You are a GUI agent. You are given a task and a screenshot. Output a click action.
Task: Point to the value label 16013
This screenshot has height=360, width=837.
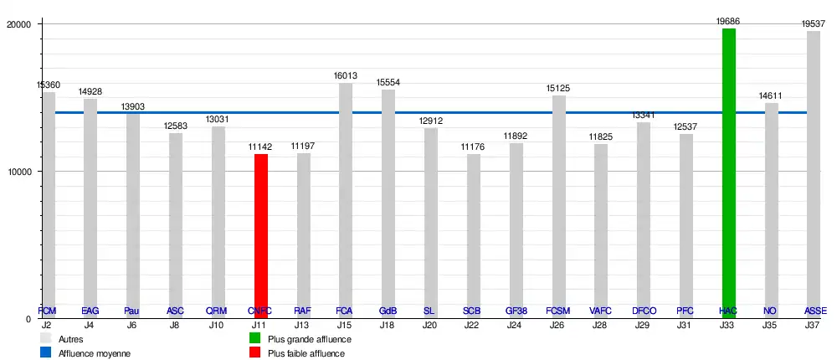[346, 75]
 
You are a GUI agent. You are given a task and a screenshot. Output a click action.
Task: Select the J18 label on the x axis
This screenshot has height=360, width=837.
[387, 324]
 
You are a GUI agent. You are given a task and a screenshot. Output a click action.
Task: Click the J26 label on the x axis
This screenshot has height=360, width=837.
[557, 324]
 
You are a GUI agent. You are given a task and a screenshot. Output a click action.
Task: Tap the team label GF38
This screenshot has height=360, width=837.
[516, 311]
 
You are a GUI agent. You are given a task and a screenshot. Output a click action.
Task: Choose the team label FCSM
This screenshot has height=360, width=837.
[557, 311]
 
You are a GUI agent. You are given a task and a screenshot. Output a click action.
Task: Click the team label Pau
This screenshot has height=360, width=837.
[131, 311]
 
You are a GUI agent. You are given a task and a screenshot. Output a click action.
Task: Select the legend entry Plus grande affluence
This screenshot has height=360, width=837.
[309, 339]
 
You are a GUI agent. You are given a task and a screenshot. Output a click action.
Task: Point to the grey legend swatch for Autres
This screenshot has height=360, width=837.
[47, 339]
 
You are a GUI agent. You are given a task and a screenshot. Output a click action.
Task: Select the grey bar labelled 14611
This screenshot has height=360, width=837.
[771, 209]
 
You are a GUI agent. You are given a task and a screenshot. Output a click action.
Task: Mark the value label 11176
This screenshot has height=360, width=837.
[473, 147]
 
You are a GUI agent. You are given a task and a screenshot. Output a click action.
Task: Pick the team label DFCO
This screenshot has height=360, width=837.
[643, 311]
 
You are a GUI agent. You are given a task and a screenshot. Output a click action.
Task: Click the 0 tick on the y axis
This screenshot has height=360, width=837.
[28, 319]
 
